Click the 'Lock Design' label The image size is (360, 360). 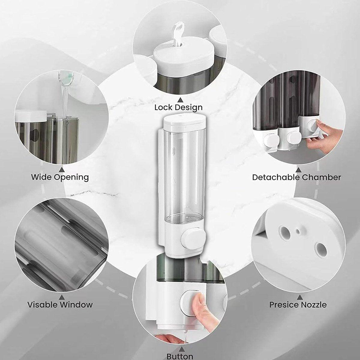(x=178, y=107)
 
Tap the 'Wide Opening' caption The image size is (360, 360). (x=60, y=177)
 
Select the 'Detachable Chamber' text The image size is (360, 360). (x=296, y=177)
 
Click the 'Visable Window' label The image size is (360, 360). (x=60, y=305)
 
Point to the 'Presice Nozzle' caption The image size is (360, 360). (x=298, y=305)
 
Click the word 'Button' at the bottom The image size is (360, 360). (x=180, y=356)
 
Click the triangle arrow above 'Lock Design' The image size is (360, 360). (x=180, y=99)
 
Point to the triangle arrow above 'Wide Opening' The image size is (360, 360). (x=61, y=169)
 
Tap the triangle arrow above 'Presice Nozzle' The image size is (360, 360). (x=299, y=297)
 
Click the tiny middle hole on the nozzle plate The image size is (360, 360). (x=298, y=231)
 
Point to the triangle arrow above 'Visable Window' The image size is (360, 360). (x=61, y=297)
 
